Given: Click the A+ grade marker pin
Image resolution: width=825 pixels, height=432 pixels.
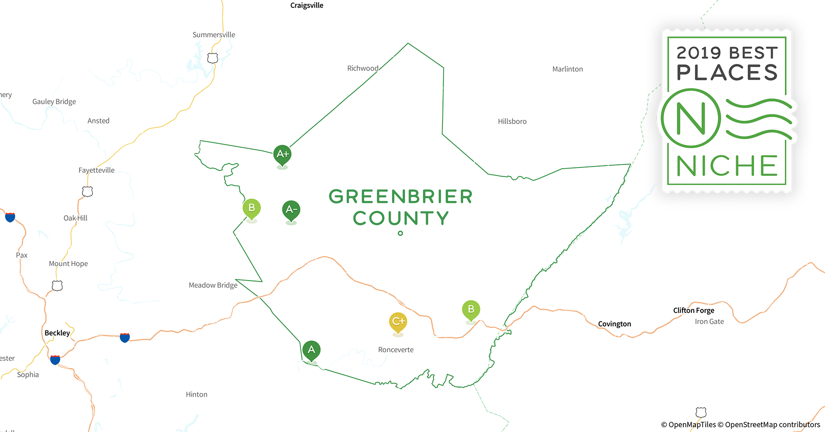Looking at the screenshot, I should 282,154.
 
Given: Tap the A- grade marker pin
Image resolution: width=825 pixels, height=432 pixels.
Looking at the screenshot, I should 291,210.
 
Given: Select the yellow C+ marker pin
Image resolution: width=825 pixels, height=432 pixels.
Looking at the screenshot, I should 398,322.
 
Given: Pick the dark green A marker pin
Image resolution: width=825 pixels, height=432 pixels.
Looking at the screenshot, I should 311,350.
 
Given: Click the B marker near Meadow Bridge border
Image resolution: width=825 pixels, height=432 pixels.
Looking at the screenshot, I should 251,208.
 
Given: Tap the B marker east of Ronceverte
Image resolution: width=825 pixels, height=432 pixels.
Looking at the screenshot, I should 471,310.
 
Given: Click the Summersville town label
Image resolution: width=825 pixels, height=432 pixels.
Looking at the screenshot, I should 214,35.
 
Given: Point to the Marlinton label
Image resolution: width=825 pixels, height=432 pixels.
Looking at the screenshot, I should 568,69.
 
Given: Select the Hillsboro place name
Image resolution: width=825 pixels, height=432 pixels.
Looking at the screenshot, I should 512,122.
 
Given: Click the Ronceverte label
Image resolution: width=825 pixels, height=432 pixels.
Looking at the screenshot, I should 396,350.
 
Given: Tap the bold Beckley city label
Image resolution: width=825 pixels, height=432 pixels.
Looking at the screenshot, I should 57,333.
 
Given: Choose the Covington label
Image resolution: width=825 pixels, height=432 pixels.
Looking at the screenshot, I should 614,324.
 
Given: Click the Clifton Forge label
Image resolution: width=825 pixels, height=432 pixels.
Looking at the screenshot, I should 694,311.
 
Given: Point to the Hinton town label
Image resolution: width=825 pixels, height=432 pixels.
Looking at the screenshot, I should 197,394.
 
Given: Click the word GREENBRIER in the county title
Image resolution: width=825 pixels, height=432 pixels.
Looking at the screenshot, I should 400,197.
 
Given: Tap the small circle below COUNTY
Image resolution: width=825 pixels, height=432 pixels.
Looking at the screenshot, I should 400,233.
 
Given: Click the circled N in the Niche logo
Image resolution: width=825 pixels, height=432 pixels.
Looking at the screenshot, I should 691,118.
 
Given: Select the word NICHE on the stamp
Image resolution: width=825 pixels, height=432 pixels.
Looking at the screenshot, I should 727,166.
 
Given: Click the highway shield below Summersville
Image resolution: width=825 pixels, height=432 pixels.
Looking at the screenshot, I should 213,58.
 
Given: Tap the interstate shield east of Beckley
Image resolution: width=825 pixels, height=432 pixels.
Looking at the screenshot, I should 125,337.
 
